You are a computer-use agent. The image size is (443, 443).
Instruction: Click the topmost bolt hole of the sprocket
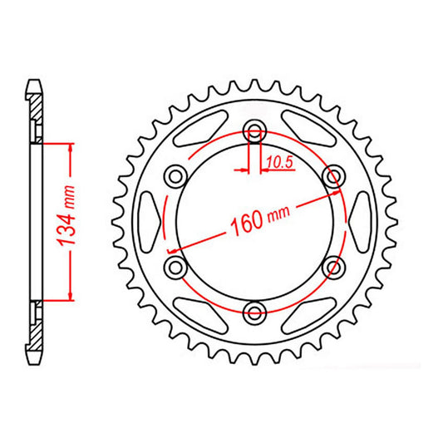pos(255,131)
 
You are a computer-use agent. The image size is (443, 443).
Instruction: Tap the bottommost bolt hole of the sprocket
pos(255,312)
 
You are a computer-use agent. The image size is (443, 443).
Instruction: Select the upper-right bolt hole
pos(334,176)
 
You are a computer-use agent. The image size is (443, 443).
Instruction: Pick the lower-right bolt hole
pos(334,266)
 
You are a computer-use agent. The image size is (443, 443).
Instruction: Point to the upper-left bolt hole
pos(176,176)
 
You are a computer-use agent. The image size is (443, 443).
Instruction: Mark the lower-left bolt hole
pos(176,266)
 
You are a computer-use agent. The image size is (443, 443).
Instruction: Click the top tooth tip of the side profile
pos(34,84)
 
